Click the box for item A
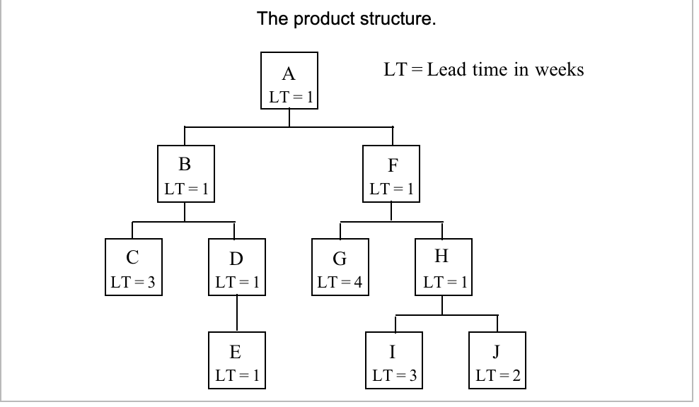(289, 81)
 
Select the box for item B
(185, 174)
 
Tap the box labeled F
(392, 174)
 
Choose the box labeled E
(236, 360)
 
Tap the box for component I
(393, 360)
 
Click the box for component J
(497, 360)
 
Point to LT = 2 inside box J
(497, 376)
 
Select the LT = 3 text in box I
(393, 376)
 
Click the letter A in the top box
(289, 74)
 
